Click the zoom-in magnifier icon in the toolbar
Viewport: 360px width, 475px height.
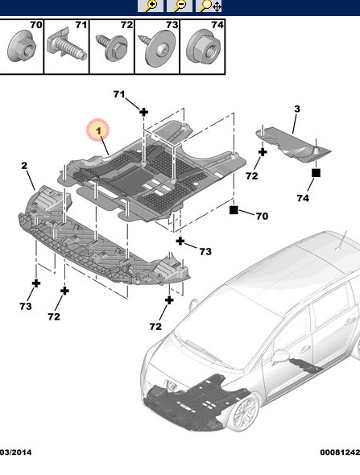tap(150, 6)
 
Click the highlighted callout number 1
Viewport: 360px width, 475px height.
tap(97, 129)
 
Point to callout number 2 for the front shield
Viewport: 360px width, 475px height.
tap(24, 166)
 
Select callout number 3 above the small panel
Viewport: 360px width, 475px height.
tap(296, 109)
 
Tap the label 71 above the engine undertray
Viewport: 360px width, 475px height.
tap(119, 95)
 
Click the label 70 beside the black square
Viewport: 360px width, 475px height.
tap(261, 216)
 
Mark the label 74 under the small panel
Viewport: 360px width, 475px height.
tap(303, 198)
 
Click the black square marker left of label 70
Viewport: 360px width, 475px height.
tap(234, 211)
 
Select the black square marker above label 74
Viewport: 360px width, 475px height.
tap(317, 172)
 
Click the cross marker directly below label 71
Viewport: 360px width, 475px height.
tap(143, 112)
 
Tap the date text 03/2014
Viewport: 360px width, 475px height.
tap(15, 454)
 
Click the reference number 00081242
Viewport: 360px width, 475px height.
tap(339, 454)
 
